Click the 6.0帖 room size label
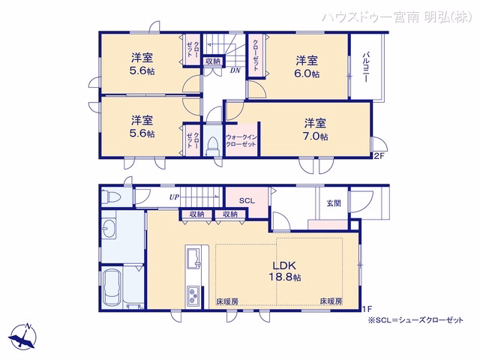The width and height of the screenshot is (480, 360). click(x=307, y=74)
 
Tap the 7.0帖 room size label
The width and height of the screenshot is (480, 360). click(x=315, y=136)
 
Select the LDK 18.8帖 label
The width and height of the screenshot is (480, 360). click(x=285, y=271)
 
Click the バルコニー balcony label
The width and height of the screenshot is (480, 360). click(x=365, y=67)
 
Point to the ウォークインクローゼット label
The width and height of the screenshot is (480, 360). click(x=241, y=141)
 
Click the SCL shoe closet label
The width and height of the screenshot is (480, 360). click(x=247, y=201)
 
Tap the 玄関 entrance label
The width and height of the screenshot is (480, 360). click(x=334, y=203)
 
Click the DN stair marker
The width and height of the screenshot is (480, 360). click(x=235, y=70)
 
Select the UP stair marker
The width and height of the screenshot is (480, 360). click(x=174, y=197)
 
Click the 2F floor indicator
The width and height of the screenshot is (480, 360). click(x=379, y=156)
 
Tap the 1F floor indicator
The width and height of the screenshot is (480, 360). click(x=367, y=309)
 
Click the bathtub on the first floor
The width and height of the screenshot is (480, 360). click(x=112, y=288)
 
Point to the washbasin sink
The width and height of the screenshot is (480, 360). click(x=109, y=228)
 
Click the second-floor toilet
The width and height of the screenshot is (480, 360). click(x=212, y=146)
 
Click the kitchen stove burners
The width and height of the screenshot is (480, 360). click(x=193, y=295)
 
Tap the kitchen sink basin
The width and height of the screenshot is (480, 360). click(x=193, y=257)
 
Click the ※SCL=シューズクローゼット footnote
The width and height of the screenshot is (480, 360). click(x=415, y=320)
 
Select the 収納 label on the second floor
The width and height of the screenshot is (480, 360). click(x=213, y=61)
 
